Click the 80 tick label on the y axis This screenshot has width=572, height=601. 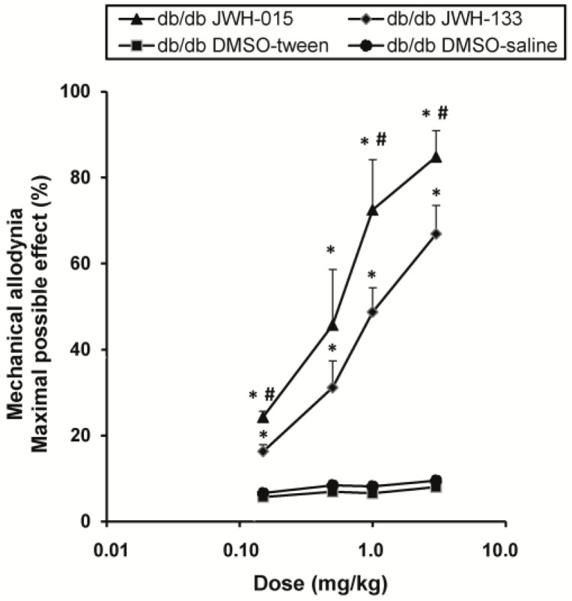pos(88,178)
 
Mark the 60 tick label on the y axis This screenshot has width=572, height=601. pos(88,264)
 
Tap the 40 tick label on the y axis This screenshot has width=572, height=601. pos(88,350)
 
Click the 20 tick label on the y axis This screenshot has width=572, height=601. pos(88,436)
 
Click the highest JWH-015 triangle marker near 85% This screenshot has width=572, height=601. pos(436,157)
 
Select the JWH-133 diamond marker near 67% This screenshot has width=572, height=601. pos(436,234)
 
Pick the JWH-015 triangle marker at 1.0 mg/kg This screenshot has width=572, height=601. pos(372,210)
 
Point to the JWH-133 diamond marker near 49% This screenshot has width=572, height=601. pos(372,311)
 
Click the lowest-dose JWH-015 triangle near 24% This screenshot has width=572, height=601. pos(263,417)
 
